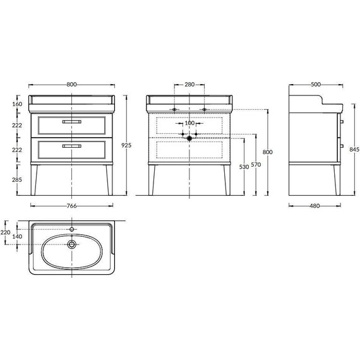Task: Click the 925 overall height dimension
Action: click(x=126, y=145)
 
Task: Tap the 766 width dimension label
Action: click(x=71, y=206)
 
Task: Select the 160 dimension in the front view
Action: click(x=17, y=104)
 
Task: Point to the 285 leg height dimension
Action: click(x=17, y=179)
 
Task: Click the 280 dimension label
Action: click(x=189, y=85)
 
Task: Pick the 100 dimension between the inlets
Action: click(x=189, y=123)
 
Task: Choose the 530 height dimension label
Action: click(x=244, y=167)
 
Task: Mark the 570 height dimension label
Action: click(x=256, y=165)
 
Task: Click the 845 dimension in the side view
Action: click(x=354, y=150)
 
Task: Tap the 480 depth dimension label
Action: click(x=315, y=206)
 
